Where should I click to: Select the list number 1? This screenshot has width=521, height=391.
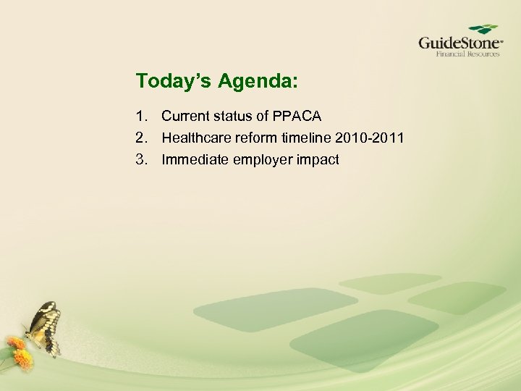[x=140, y=116]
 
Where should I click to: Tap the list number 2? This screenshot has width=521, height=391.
[x=140, y=138]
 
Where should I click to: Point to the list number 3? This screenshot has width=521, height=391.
[x=140, y=159]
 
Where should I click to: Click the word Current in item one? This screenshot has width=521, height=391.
[x=186, y=116]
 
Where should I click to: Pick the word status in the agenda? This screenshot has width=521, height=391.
[x=234, y=116]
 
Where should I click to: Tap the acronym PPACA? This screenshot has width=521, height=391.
[x=297, y=116]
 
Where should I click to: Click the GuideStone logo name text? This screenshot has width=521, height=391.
[x=459, y=43]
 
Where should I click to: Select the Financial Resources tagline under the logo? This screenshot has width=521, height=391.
[x=467, y=54]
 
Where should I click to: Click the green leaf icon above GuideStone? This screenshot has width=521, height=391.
[x=483, y=29]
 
